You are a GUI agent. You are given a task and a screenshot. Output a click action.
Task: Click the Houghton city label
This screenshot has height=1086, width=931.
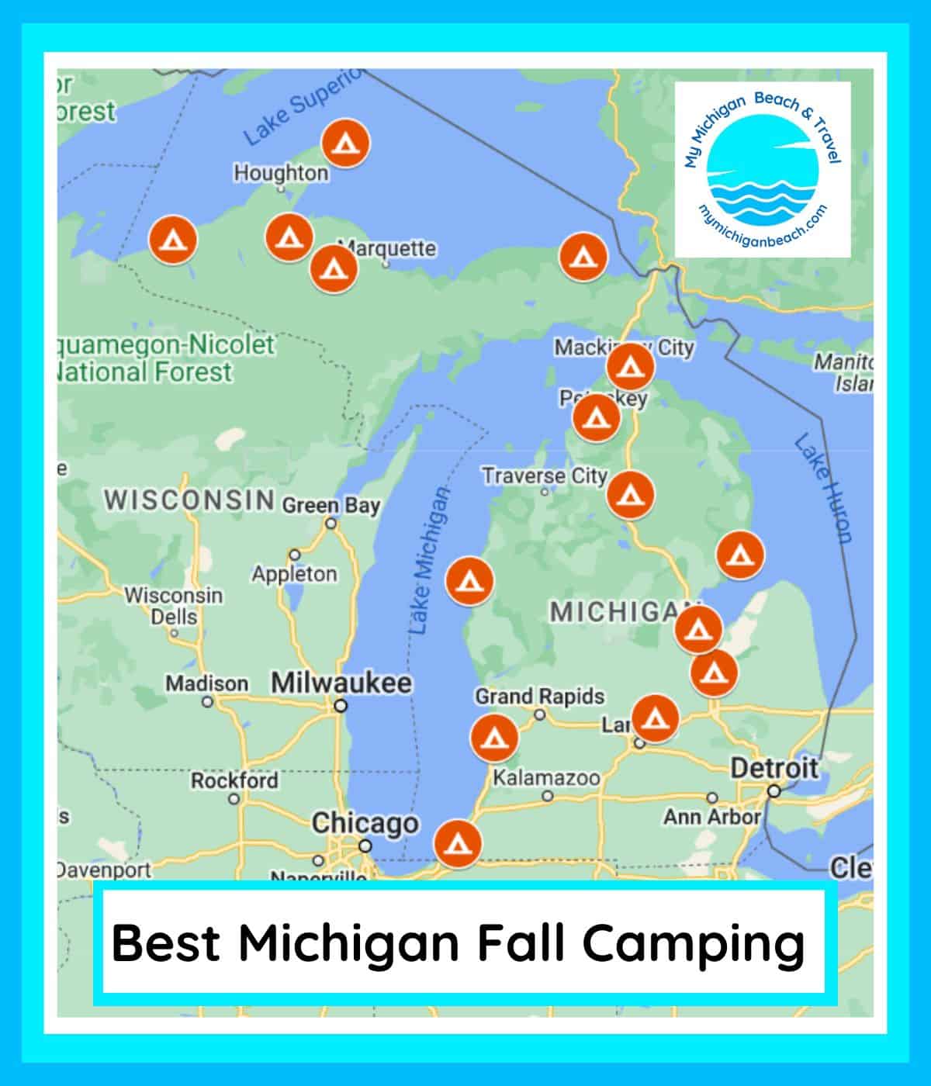click(x=281, y=172)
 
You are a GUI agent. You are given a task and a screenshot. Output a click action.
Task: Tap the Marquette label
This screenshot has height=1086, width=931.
click(x=389, y=248)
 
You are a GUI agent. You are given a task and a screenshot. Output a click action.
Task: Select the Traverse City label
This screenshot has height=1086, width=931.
click(x=544, y=475)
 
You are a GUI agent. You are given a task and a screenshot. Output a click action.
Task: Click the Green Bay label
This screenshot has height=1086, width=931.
click(x=331, y=506)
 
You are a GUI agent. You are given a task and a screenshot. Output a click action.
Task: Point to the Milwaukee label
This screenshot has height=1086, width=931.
click(x=341, y=683)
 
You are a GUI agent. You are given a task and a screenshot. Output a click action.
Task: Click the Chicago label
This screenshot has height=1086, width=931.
click(x=365, y=823)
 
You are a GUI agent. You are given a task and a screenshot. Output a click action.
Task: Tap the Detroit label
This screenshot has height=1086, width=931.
click(x=774, y=768)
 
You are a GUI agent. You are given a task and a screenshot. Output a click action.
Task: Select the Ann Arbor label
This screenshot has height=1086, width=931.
click(x=711, y=816)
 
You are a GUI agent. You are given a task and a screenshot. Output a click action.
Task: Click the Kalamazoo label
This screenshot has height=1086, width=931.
click(x=547, y=777)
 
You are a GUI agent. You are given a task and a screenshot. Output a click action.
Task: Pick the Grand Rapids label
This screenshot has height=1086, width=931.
click(x=539, y=696)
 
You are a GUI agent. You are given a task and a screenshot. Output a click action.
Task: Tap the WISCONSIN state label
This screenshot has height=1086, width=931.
click(x=189, y=500)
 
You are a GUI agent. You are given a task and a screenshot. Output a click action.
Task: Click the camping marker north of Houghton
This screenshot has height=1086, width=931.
click(x=346, y=143)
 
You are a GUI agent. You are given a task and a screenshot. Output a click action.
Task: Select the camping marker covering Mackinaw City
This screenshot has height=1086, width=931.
click(x=629, y=366)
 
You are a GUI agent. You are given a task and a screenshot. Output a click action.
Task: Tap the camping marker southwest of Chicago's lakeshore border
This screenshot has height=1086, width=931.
click(x=458, y=844)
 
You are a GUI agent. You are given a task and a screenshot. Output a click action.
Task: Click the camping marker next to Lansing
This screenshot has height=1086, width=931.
click(x=656, y=718)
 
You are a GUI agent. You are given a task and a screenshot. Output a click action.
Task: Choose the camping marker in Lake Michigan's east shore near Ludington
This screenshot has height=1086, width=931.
click(x=469, y=580)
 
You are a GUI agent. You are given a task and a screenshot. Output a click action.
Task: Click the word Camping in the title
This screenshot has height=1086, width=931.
click(x=693, y=944)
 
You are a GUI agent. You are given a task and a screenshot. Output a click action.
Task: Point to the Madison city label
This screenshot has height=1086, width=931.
click(x=206, y=683)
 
